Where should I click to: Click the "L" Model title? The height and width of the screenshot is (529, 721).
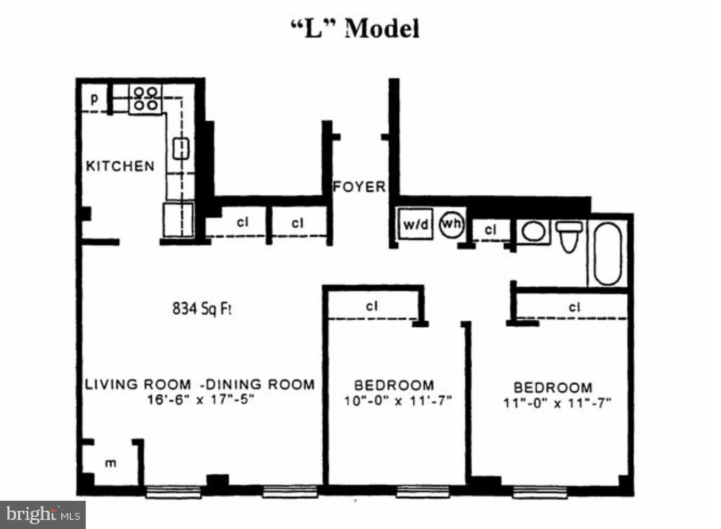[355, 28]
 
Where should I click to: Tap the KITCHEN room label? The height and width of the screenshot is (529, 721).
[120, 166]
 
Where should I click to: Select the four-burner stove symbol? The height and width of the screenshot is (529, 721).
[145, 99]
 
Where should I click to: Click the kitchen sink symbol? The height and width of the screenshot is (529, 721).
[181, 148]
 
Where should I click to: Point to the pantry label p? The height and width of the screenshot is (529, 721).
[94, 98]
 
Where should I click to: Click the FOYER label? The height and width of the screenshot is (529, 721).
[359, 187]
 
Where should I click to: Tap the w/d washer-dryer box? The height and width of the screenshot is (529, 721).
[416, 224]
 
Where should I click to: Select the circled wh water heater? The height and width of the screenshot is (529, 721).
[451, 224]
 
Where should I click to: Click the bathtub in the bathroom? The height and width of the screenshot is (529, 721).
[608, 253]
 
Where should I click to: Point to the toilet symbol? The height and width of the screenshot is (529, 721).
[569, 236]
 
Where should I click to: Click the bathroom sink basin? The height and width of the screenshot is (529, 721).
[533, 232]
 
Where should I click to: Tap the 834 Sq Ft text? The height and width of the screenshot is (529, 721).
[202, 308]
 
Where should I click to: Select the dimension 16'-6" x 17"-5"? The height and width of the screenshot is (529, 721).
[200, 399]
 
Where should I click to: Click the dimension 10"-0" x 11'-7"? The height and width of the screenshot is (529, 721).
[397, 401]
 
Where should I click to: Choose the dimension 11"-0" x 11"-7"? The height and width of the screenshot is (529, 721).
[557, 403]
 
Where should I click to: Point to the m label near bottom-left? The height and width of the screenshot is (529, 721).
[110, 463]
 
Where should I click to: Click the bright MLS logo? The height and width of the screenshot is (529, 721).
[43, 515]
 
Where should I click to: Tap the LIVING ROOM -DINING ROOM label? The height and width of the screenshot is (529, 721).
[200, 384]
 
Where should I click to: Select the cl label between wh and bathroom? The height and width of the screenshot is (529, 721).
[490, 229]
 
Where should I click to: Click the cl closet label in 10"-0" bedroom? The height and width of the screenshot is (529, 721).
[372, 306]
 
